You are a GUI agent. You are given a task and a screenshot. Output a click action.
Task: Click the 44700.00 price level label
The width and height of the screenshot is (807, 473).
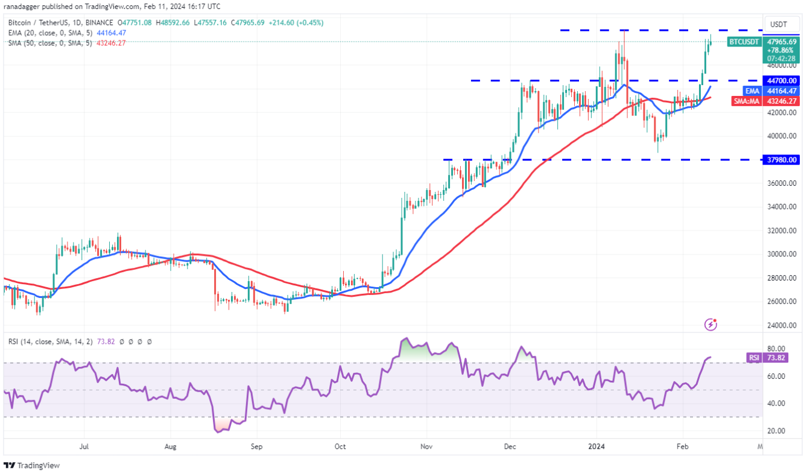pos(782,80)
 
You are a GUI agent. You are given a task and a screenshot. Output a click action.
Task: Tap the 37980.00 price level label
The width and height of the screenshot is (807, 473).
pos(782,160)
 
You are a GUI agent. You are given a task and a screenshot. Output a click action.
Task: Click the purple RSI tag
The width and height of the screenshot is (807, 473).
pos(754,357)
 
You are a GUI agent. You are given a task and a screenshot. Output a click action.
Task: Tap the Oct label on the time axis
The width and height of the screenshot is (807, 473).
pos(340,446)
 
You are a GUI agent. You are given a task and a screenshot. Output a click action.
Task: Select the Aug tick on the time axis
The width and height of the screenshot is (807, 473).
pos(170,446)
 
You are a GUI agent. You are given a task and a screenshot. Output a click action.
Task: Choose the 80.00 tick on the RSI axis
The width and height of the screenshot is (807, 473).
pos(776,349)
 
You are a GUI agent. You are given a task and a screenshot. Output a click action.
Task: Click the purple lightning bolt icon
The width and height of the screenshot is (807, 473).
pos(711,325)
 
